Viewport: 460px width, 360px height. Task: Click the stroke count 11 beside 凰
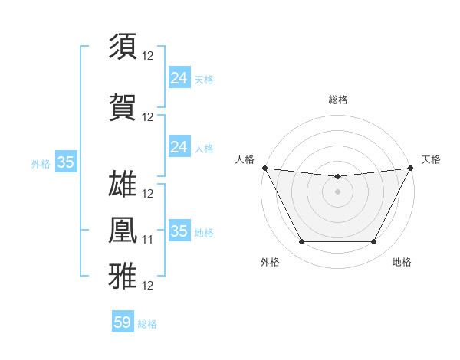pos(148,240)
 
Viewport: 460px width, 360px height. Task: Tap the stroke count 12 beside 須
pos(148,56)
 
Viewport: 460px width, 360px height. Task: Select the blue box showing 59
pos(123,322)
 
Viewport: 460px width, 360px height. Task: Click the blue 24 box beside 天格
pos(179,77)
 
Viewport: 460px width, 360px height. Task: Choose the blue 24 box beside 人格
pos(179,146)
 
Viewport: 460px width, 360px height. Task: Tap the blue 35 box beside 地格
pos(179,231)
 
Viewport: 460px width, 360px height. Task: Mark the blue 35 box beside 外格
pos(66,162)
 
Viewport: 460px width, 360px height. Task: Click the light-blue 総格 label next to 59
pos(147,324)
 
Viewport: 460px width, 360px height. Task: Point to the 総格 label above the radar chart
pos(337,100)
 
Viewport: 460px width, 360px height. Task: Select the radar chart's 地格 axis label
pos(402,263)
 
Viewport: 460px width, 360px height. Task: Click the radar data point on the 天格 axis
pos(411,168)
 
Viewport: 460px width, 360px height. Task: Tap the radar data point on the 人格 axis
pos(264,168)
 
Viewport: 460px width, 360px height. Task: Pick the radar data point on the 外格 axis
pos(301,242)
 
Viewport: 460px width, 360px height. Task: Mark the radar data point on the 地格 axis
pos(374,242)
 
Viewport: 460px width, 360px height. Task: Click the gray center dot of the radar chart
pos(337,191)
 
